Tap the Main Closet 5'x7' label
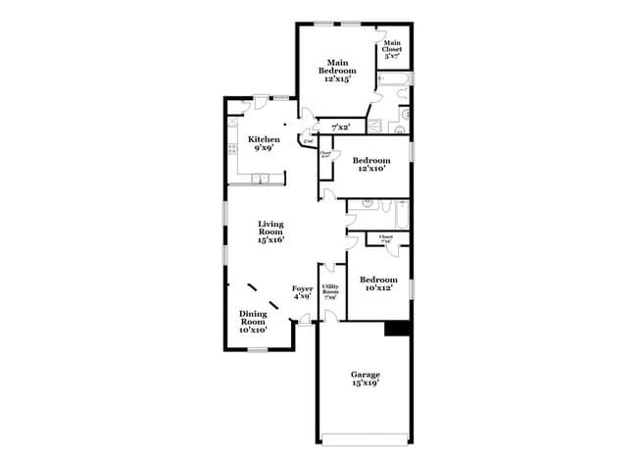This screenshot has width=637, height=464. pos(392,50)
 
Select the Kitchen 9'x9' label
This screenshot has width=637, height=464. pos(264,143)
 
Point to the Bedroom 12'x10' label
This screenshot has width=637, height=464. pos(371,164)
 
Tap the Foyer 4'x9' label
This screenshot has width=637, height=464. pos(302,291)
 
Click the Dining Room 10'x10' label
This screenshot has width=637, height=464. pos(253,322)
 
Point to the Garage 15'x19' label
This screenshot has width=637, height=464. pos(366,379)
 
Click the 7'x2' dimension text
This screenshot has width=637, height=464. pos(342,128)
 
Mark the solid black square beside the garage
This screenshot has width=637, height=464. pos(396,330)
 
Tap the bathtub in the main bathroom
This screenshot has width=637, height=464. pos(391,97)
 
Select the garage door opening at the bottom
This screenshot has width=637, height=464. pos(365,439)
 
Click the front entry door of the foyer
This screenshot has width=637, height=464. pos(306,319)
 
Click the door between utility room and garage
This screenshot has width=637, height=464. pos(331,316)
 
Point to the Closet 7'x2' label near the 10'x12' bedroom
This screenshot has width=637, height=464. pos(385,238)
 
